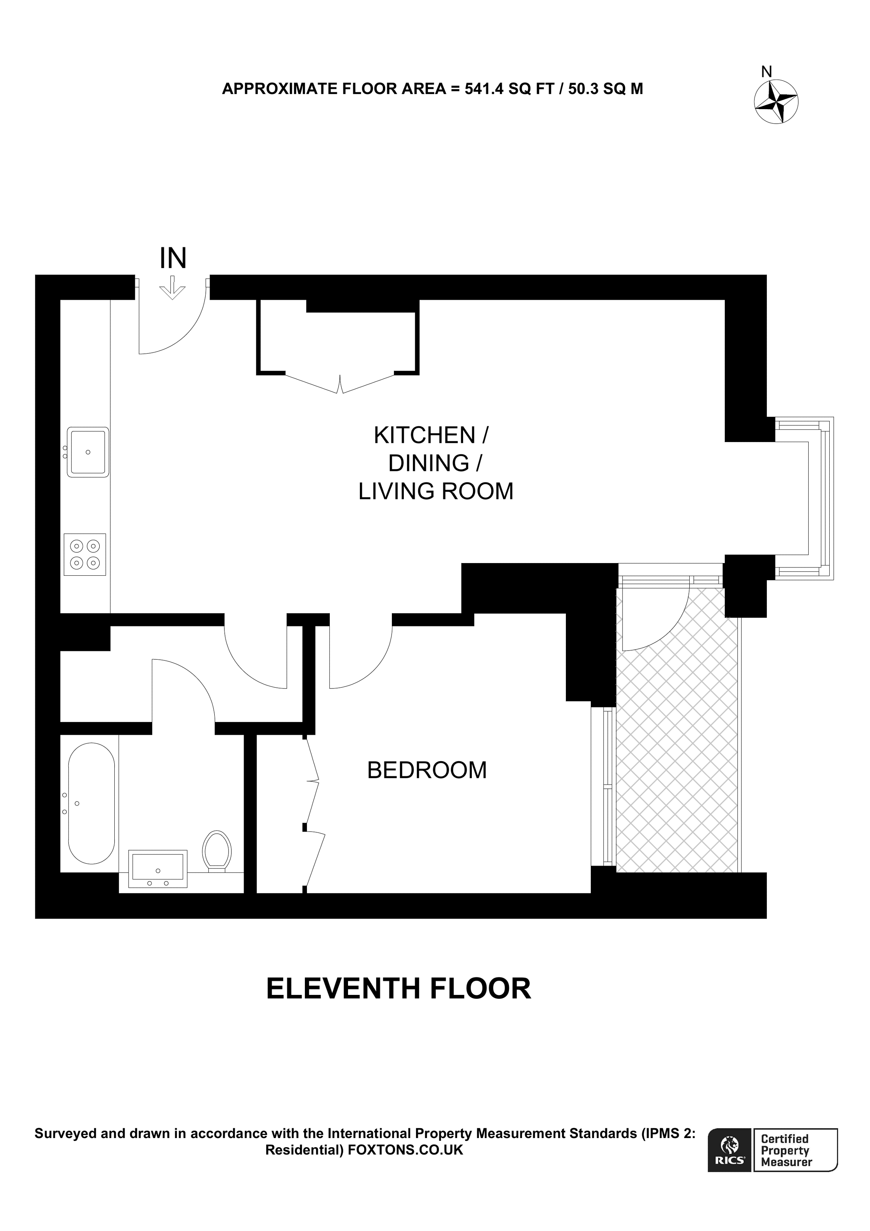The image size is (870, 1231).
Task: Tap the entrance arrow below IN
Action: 172,288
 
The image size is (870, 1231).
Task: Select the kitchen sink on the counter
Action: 88,452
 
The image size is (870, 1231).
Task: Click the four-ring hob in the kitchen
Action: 85,554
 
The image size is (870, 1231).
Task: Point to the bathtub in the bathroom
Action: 91,803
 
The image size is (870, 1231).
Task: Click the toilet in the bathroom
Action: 217,851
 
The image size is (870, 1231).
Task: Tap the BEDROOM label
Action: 427,770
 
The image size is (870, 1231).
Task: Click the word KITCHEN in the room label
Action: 425,435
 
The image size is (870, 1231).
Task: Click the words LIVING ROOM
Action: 435,492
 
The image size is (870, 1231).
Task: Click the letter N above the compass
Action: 766,71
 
